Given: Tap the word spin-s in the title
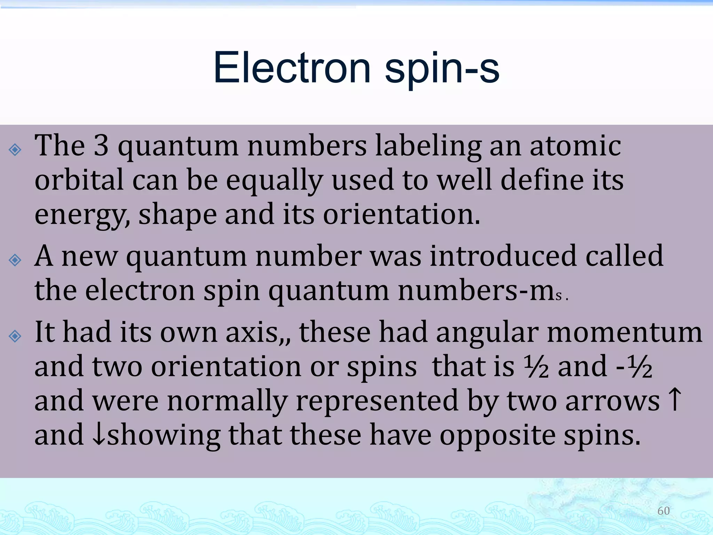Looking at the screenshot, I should coord(442,68).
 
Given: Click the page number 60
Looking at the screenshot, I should coord(663,511).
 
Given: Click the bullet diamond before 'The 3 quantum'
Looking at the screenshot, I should coord(15,150).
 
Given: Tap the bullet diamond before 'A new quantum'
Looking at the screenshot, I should coord(15,260).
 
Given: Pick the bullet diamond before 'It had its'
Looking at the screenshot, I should coord(15,336).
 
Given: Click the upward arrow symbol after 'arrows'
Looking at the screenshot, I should coord(675,400).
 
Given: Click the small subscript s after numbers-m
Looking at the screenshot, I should coord(559,296).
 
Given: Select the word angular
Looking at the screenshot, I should coord(487,333).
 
